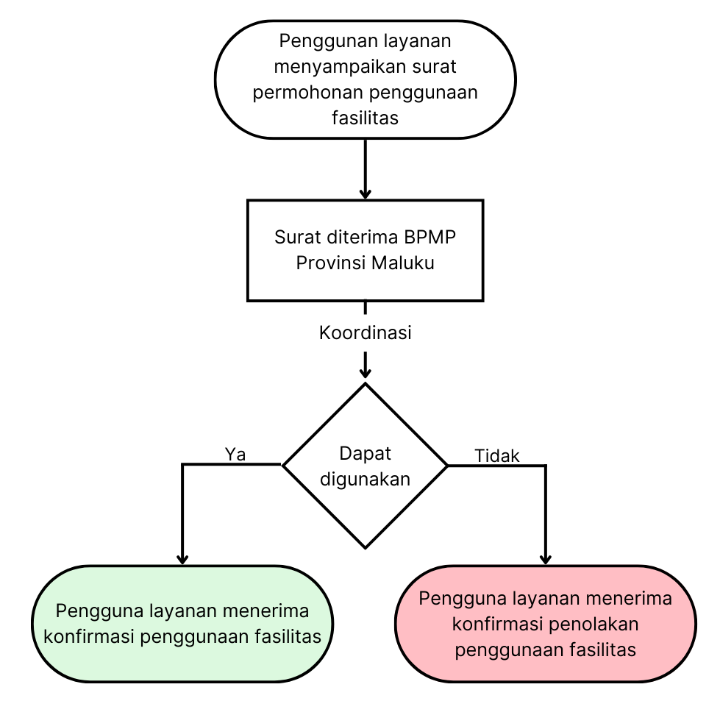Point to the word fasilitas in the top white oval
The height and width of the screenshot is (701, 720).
click(x=365, y=118)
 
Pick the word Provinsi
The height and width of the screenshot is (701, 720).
click(x=330, y=263)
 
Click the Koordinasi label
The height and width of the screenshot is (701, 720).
click(x=365, y=332)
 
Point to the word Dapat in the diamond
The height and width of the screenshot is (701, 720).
click(x=365, y=453)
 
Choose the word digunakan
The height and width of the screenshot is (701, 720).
click(x=365, y=479)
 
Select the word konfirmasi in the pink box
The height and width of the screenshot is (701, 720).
click(x=497, y=625)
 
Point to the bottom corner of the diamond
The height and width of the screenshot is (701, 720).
click(x=365, y=547)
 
